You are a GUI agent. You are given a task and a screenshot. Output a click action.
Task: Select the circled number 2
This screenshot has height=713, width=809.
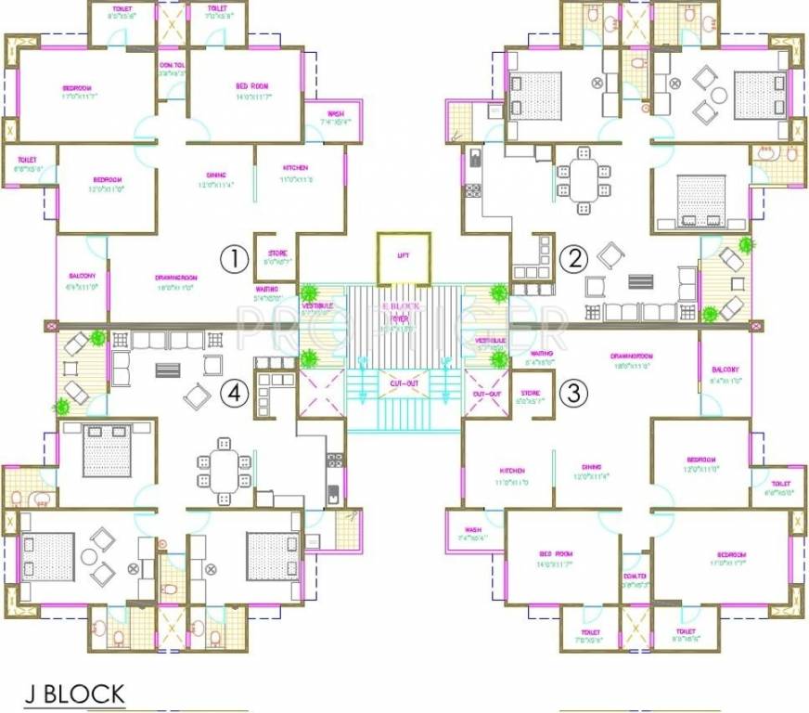(x=576, y=259)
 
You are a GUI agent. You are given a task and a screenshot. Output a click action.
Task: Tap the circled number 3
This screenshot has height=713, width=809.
(x=576, y=393)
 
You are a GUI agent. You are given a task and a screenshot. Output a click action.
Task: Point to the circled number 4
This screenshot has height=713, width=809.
(x=237, y=395)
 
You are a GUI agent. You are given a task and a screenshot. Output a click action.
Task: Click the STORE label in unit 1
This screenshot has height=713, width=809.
(x=277, y=253)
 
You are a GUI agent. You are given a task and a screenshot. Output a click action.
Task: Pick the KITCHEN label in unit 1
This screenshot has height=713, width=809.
(x=296, y=168)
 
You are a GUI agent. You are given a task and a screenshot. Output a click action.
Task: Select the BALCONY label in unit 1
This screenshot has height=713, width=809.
(x=82, y=277)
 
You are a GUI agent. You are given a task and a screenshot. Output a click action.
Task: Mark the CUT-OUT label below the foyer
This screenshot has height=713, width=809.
(x=405, y=382)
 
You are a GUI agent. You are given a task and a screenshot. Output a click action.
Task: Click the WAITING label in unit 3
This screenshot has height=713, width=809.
(x=542, y=354)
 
